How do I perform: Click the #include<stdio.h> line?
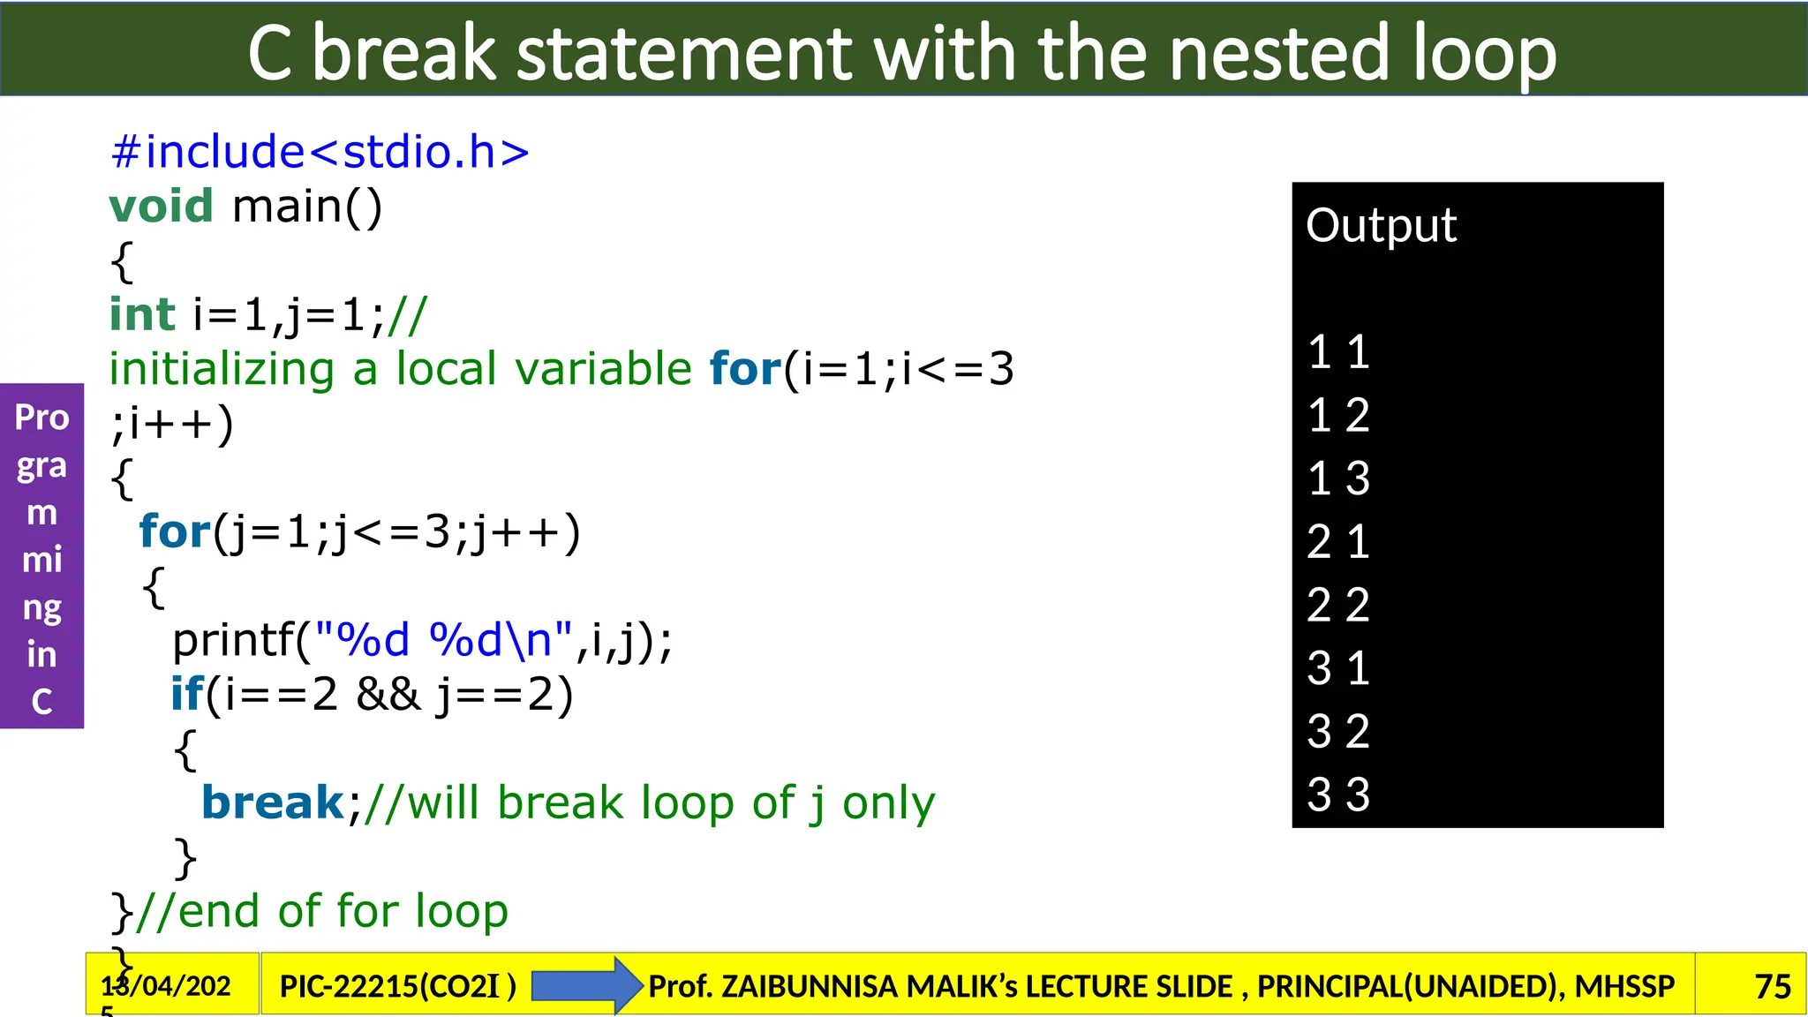pos(320,152)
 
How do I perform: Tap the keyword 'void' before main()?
pos(161,206)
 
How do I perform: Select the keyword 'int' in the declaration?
pos(142,314)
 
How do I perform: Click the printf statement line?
pos(422,640)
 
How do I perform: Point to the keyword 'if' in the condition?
pos(186,694)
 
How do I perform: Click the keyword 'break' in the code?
pos(273,802)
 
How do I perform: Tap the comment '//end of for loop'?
pos(321,911)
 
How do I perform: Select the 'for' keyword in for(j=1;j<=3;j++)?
pos(175,531)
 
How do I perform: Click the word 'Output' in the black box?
pos(1381,225)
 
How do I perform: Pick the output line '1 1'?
pos(1338,352)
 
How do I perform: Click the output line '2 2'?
pos(1338,606)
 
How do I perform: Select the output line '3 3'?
pos(1338,795)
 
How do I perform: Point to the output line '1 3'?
pos(1338,478)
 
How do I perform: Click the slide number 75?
pos(1772,986)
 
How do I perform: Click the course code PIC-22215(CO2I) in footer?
pos(397,986)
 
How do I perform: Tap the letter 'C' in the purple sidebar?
pos(41,702)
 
